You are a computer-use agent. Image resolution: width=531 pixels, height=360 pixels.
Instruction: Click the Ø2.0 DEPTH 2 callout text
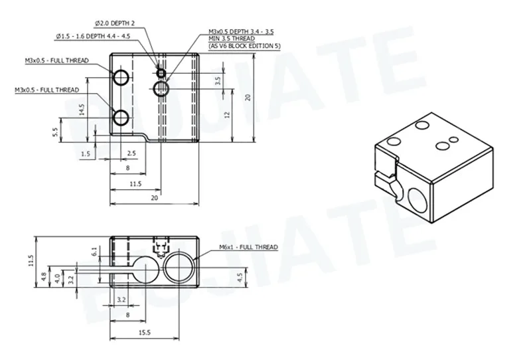point(115,23)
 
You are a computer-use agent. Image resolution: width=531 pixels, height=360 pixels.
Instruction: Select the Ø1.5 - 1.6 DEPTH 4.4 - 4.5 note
point(93,37)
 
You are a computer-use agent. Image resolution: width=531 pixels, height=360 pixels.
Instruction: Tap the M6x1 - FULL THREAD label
point(248,247)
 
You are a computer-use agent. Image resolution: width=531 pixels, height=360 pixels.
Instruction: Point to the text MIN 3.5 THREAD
point(232,39)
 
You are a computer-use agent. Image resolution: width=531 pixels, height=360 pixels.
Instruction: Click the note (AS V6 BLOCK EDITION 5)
point(244,46)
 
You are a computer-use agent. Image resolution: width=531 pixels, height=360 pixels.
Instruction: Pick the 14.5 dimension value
point(82,110)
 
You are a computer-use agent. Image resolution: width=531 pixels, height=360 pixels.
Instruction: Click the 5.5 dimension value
point(55,132)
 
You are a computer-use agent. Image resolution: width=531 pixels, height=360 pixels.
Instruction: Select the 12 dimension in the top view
point(227,115)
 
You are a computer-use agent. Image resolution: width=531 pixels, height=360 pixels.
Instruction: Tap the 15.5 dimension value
point(144,333)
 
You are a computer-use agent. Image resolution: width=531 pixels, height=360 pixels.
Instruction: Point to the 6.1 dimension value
point(94,252)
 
